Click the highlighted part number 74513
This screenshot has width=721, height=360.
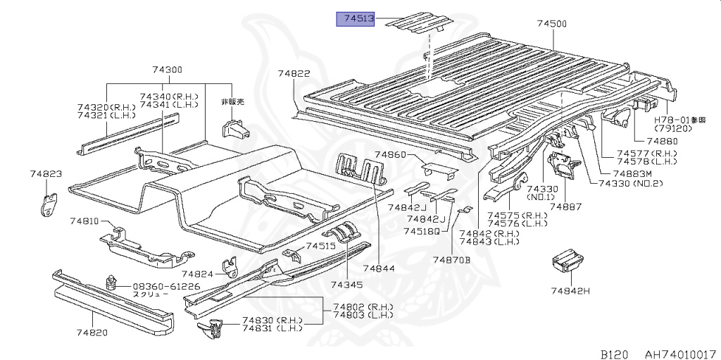coord(359,19)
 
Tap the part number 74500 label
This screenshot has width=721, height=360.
coord(551,24)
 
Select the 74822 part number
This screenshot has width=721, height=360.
coord(294,73)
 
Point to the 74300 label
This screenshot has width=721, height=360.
coord(167,70)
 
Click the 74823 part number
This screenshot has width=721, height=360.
coord(46,173)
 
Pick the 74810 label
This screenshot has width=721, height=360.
coord(84,221)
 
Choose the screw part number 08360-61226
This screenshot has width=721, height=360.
coord(166,286)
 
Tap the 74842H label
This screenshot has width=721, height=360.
coord(570,290)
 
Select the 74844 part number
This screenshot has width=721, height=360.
coord(380,268)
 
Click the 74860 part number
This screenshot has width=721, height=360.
coord(391,154)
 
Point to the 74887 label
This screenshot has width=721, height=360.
coord(565,206)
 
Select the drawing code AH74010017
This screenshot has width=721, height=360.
coord(681,349)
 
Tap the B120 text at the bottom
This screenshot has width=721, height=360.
coord(615,349)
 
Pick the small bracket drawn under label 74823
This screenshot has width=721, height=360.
coord(48,203)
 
